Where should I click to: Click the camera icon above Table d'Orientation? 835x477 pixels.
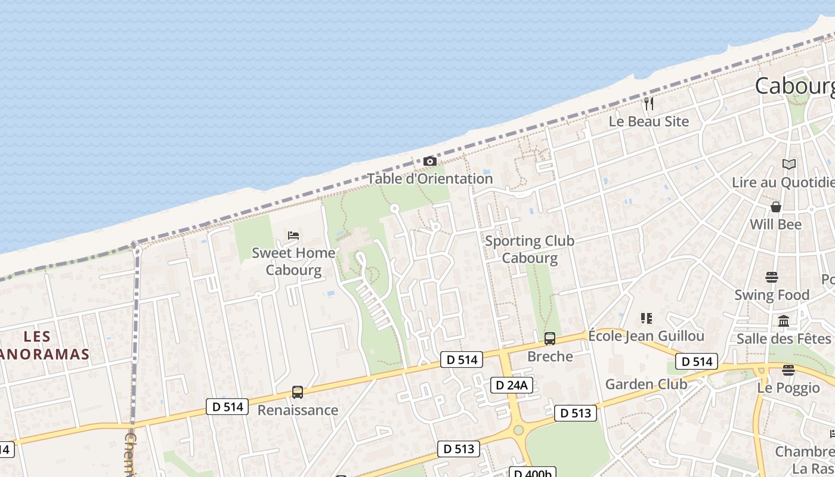coord(429,162)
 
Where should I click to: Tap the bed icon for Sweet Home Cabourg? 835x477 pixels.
coord(293,236)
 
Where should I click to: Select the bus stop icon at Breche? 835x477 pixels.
coord(550,339)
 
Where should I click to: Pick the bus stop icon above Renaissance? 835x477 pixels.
coord(298,392)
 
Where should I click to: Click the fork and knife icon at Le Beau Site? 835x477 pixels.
coord(649,104)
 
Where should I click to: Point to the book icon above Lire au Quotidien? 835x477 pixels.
coord(789,164)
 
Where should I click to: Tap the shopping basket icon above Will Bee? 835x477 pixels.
coord(776,207)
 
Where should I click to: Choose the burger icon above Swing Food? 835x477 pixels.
coord(772,277)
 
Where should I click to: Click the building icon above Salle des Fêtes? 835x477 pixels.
coord(784,321)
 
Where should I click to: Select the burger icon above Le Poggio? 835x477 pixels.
coord(788,370)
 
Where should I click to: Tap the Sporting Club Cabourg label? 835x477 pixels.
coord(530,249)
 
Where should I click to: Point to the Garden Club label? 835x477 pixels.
coord(646,384)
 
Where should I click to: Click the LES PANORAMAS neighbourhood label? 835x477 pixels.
coord(42,346)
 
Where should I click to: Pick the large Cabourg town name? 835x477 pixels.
coord(794,86)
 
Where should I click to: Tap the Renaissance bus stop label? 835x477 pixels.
coord(298,410)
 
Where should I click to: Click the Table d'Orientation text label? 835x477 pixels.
coord(430,178)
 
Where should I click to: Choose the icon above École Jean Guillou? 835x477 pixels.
coord(647,318)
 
